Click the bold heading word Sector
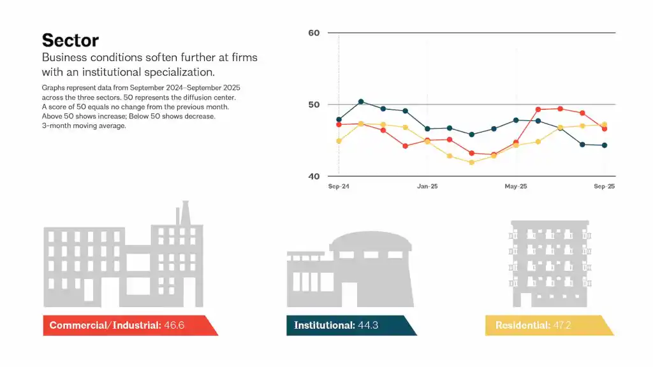point(70,41)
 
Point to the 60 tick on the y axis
point(314,33)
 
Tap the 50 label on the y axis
point(314,104)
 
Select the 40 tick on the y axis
point(314,176)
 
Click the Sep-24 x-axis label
point(338,187)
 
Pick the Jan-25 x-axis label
point(427,187)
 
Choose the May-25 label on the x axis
point(516,187)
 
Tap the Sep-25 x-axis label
point(604,187)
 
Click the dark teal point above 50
point(361,101)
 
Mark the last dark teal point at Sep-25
point(604,145)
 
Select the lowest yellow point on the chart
point(472,162)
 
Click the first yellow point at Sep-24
point(339,141)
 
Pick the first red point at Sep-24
point(339,124)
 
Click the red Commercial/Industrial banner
point(128,326)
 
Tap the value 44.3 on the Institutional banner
point(368,326)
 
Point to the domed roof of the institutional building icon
point(371,241)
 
